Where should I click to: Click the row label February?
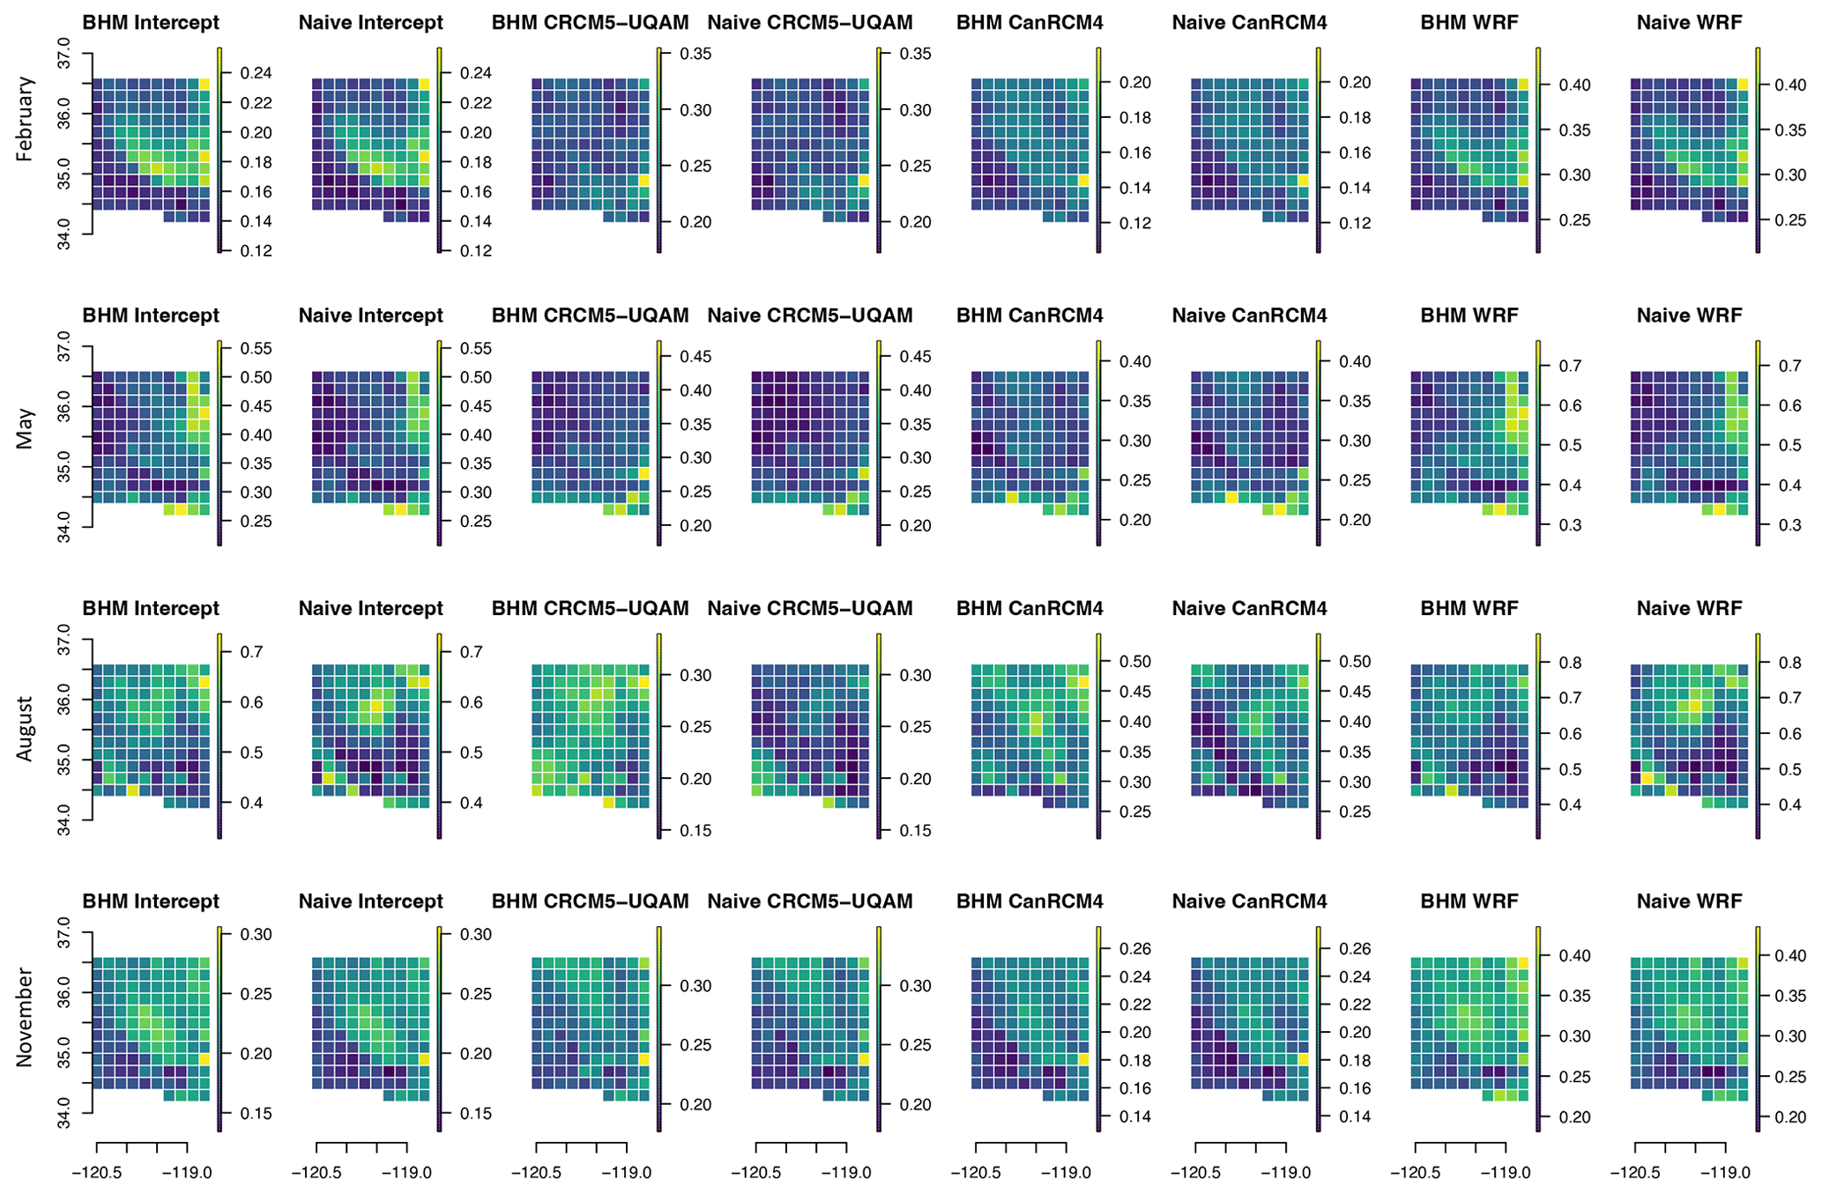tap(25, 119)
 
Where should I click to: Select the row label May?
tap(25, 428)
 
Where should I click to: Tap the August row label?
tap(25, 729)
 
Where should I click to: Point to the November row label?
tap(25, 1017)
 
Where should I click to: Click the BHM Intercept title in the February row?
tap(151, 23)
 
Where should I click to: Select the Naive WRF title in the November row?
tap(1689, 901)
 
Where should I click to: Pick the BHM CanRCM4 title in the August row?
tap(1030, 608)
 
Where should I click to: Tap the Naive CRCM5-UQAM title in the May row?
tap(810, 315)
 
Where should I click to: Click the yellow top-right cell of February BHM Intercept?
tap(205, 85)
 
